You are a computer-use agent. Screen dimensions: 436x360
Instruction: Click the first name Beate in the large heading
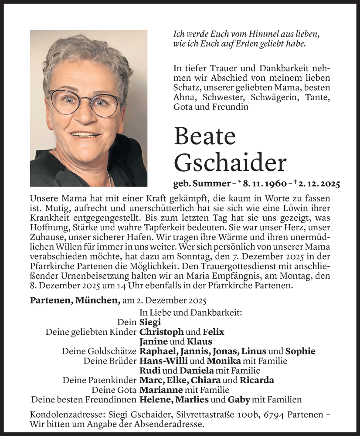tap(204, 137)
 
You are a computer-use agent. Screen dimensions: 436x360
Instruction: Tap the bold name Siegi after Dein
tap(150, 322)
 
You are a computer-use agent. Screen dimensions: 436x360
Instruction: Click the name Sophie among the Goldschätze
tap(300, 351)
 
